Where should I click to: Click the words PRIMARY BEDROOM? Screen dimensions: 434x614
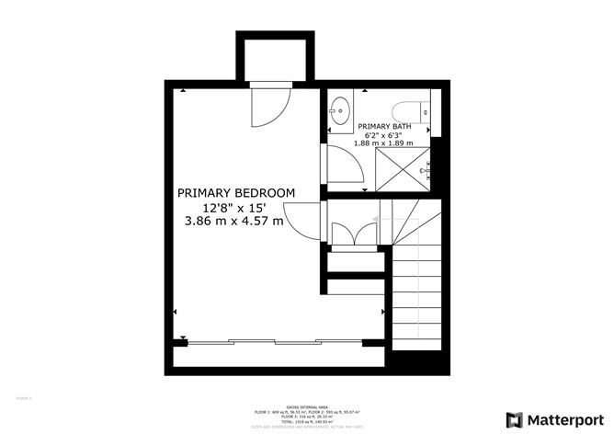pos(236,193)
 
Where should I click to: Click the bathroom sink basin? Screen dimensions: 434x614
pos(339,106)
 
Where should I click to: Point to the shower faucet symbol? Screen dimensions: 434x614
pos(426,170)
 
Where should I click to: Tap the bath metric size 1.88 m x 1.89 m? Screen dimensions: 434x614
pos(384,143)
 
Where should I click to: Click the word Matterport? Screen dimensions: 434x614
pos(565,418)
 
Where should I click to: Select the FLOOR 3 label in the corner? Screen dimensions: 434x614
pos(25,397)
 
